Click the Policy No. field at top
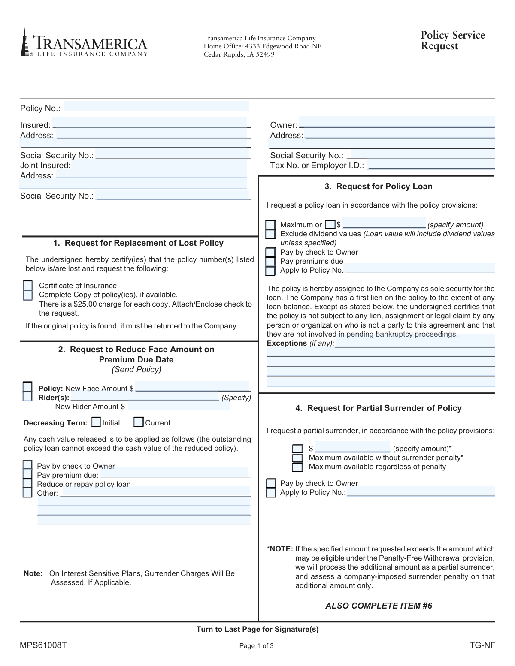point(157,107)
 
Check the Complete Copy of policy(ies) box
point(28,295)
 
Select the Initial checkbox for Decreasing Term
point(96,422)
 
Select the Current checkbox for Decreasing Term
point(138,422)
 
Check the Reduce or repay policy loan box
point(27,484)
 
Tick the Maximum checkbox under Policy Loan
point(270,225)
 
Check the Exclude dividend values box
point(270,234)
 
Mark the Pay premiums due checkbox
point(270,262)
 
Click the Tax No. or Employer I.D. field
point(431,165)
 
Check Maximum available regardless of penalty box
point(297,467)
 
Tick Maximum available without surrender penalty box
point(297,458)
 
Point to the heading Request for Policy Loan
point(379,187)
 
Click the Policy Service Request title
point(452,40)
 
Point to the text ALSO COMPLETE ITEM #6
point(379,606)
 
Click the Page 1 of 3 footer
point(257,646)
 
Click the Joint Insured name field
point(161,165)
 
